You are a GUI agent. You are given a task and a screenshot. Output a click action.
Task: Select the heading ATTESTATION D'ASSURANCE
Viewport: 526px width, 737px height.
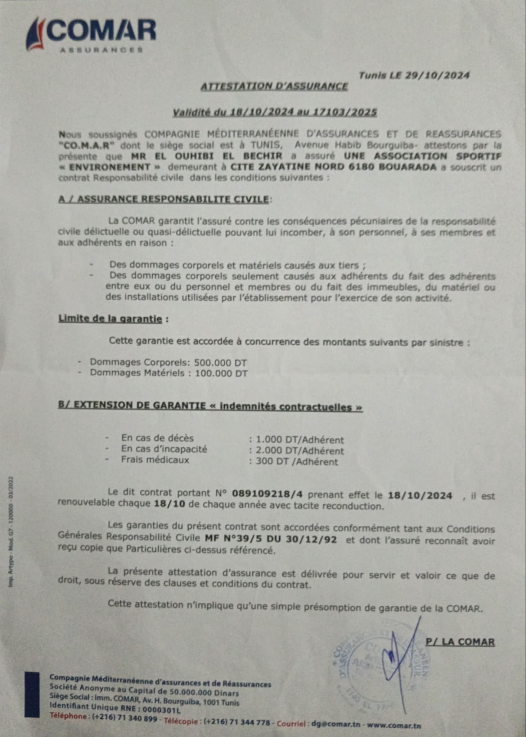click(x=274, y=86)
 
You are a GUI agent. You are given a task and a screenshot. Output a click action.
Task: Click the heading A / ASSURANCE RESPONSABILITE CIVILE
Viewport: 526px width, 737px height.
click(x=163, y=199)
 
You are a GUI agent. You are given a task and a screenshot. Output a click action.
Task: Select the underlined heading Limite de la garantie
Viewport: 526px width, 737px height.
click(x=110, y=319)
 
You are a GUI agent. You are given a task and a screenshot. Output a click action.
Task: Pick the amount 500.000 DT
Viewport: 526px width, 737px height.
click(x=220, y=362)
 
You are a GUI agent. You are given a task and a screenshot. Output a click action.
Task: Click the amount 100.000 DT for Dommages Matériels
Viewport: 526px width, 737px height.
click(x=221, y=373)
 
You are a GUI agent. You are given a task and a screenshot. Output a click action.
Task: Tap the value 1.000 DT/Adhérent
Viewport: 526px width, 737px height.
click(x=300, y=440)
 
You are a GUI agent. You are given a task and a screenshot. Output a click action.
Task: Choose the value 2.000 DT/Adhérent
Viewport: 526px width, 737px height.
click(x=300, y=451)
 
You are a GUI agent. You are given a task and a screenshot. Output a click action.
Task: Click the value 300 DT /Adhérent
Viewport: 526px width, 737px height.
click(x=297, y=462)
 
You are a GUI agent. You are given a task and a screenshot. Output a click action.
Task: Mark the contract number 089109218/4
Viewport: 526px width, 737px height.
click(x=267, y=494)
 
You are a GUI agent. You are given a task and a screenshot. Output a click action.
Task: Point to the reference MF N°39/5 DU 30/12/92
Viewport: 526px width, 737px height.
click(x=271, y=539)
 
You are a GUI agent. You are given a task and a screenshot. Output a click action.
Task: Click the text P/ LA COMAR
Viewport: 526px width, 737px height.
click(x=460, y=642)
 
